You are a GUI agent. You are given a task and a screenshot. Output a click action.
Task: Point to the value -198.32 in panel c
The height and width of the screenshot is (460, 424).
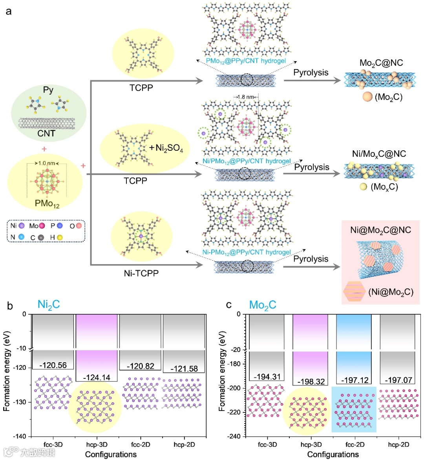pos(311,382)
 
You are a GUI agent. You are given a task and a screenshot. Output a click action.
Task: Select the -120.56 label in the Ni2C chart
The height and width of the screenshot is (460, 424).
pos(53,365)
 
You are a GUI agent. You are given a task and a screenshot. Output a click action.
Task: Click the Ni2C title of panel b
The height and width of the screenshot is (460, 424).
pos(49,305)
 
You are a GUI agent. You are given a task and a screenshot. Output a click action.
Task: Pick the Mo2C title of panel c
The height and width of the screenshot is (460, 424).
pos(263,305)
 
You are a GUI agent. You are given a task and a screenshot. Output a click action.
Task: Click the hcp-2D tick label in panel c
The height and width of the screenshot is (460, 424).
pos(398,444)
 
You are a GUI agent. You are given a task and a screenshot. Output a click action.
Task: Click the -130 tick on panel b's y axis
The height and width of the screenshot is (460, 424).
pos(22,402)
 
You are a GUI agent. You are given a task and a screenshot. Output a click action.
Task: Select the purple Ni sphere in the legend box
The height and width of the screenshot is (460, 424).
pos(22,226)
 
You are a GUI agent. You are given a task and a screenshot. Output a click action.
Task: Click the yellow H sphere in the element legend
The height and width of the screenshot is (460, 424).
pos(60,237)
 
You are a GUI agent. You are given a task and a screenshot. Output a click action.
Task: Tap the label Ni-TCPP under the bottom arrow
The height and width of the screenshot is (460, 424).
pos(141,273)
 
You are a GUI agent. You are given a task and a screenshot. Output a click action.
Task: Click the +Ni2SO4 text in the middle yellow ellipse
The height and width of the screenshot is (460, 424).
pos(166,148)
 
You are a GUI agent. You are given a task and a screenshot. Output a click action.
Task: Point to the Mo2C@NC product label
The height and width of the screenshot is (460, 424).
pos(381,63)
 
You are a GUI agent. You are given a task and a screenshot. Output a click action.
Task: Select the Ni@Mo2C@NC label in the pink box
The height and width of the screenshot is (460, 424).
pos(380,230)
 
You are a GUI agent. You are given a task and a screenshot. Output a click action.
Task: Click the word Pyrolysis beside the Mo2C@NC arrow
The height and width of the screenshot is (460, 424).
pos(311,73)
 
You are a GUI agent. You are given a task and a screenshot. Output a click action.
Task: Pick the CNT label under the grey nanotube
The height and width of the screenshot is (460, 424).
pos(46,133)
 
